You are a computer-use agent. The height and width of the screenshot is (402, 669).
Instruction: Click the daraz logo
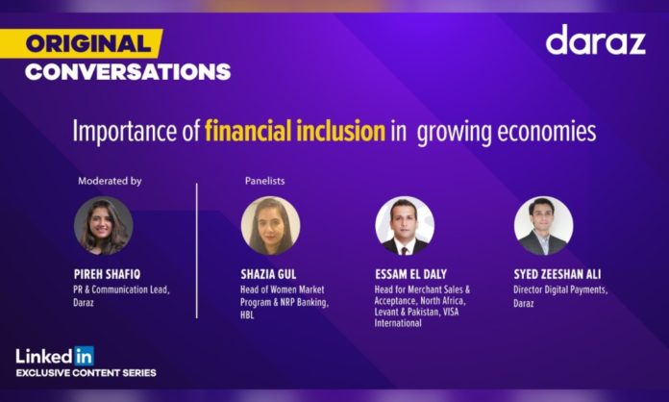tap(596, 39)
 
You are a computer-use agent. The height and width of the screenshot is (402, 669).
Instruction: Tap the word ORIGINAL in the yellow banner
tap(88, 44)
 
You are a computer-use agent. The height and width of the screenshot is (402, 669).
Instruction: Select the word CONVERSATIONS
tap(128, 72)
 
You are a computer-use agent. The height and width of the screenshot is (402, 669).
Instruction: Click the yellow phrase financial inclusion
tap(295, 131)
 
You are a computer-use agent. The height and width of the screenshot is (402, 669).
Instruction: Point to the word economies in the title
tap(547, 132)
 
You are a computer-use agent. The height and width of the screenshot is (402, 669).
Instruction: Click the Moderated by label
tap(110, 181)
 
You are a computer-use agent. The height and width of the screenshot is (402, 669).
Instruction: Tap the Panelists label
tap(264, 181)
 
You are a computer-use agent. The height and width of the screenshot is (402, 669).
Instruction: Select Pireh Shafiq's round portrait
tap(103, 226)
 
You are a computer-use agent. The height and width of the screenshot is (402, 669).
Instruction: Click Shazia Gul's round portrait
tap(270, 226)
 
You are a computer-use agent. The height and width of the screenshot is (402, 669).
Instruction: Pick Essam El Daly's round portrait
tap(405, 226)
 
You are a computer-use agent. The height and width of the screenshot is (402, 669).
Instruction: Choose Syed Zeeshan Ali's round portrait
tap(544, 226)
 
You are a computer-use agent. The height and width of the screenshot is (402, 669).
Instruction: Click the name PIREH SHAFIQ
tap(107, 274)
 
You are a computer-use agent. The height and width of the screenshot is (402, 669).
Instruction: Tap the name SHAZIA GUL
tap(268, 274)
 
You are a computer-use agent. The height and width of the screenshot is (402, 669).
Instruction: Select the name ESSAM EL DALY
tap(410, 274)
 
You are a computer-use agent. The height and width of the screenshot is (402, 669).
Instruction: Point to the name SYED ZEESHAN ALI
tap(557, 274)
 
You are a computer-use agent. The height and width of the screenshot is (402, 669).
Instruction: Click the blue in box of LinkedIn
tap(84, 356)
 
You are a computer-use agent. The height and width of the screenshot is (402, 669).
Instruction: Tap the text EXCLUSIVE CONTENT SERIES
tap(87, 373)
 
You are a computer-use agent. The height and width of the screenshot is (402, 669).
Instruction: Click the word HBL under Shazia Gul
tap(247, 315)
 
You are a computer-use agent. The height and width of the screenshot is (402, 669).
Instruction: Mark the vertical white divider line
tap(197, 251)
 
